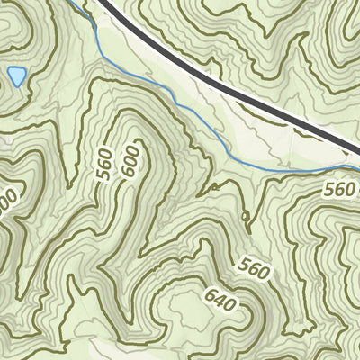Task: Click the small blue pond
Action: tap(15, 76)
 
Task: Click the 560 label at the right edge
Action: tap(340, 189)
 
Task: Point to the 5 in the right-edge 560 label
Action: tap(330, 189)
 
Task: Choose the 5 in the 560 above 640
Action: tap(245, 264)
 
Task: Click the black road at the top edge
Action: tap(105, 4)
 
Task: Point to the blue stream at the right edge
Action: tap(354, 166)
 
